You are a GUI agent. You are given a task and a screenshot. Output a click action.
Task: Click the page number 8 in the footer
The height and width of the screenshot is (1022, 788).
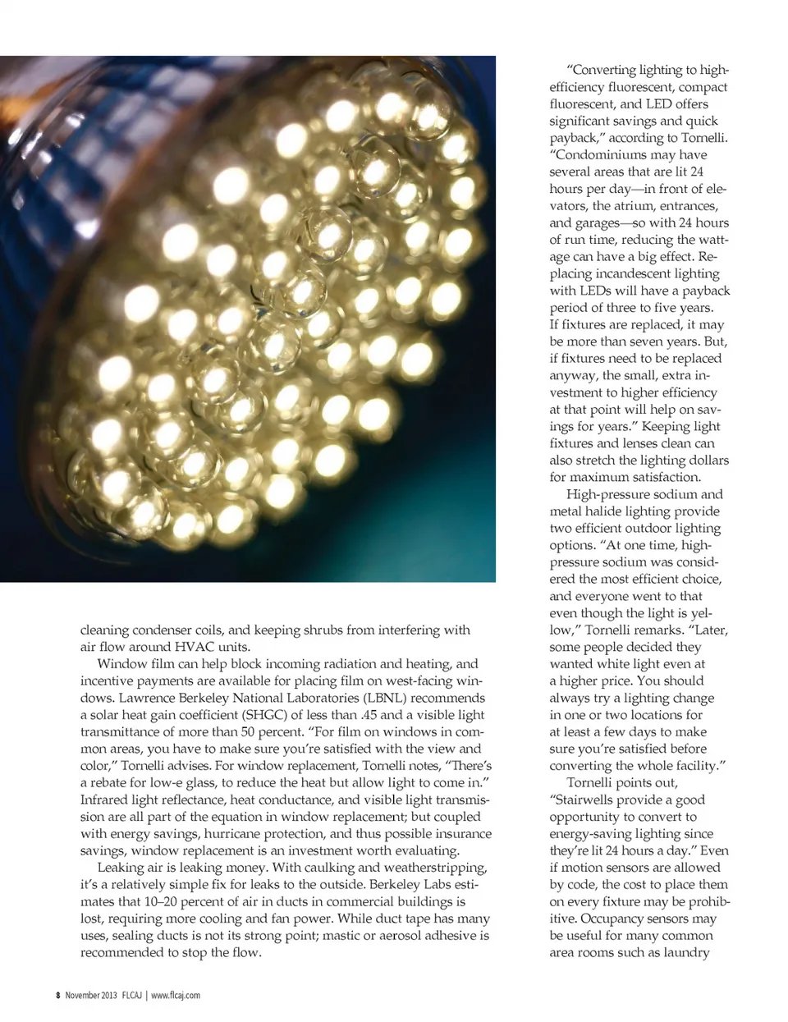[58, 996]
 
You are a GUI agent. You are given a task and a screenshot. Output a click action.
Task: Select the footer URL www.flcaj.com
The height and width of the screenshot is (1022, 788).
[176, 996]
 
